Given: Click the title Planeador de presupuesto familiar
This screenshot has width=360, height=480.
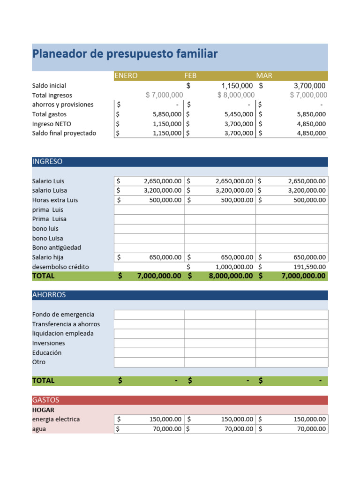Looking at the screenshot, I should (x=125, y=54).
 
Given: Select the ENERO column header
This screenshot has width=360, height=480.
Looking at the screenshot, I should (x=126, y=75).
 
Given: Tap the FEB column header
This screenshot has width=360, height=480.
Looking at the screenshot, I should (x=190, y=75).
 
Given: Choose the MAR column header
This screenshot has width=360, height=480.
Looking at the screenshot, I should (x=264, y=75).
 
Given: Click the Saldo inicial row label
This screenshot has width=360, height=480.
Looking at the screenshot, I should (x=49, y=86).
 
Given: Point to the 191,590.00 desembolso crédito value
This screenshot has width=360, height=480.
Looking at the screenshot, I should (x=307, y=267).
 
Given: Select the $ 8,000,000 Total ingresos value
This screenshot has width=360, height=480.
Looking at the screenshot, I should (x=236, y=95).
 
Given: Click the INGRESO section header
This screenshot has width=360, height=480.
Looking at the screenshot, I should (x=47, y=162).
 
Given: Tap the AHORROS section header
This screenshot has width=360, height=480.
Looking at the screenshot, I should (x=49, y=295).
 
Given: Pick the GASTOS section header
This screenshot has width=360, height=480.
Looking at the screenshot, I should (x=45, y=400).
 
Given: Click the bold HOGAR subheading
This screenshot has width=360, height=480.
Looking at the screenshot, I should (x=43, y=410).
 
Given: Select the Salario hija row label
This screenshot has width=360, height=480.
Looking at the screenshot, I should (x=48, y=257).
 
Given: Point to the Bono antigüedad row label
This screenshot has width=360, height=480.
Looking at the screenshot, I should (x=57, y=247).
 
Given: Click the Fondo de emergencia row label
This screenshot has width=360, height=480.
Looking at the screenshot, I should (x=63, y=315).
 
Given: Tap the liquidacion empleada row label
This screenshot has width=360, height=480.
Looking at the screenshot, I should (x=63, y=334).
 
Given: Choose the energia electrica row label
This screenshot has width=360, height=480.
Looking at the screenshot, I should (x=56, y=419).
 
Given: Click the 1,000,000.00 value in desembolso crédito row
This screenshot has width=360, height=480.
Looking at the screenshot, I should (x=234, y=267).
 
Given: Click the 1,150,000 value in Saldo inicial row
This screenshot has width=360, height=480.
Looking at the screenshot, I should (x=237, y=86).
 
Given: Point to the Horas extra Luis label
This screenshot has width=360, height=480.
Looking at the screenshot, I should (x=55, y=200).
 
